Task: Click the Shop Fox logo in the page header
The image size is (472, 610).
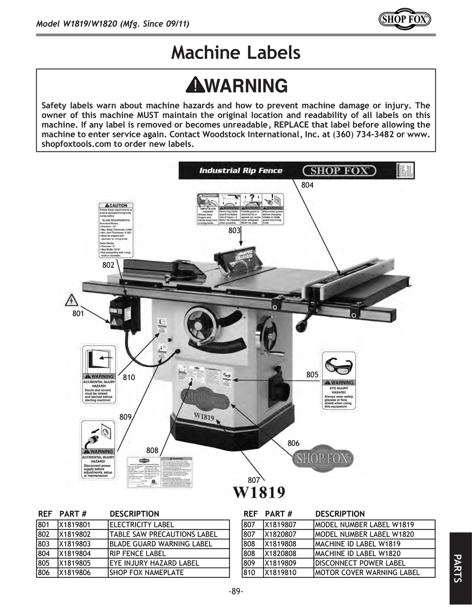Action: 405,19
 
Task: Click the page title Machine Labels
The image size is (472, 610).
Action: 236,52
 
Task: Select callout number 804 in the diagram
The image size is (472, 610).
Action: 307,185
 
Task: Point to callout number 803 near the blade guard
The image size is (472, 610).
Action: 234,231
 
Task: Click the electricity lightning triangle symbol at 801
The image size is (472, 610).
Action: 71,300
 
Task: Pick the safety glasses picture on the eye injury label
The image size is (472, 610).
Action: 338,366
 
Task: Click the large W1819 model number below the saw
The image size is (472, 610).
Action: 259,492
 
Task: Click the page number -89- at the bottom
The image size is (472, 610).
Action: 236,592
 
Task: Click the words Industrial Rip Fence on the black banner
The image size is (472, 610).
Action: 241,171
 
